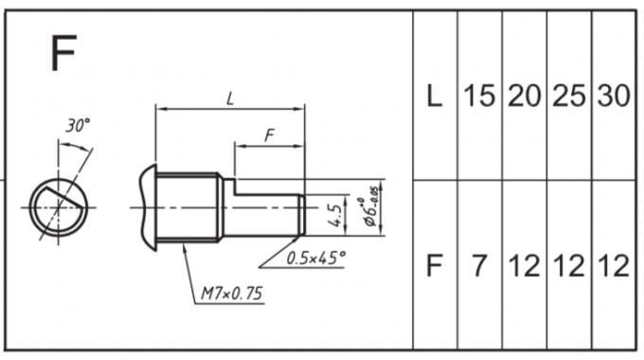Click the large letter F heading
pyautogui.click(x=63, y=53)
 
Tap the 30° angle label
pyautogui.click(x=78, y=125)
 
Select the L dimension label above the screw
pyautogui.click(x=230, y=99)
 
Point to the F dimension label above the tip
pyautogui.click(x=269, y=135)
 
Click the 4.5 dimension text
pyautogui.click(x=334, y=216)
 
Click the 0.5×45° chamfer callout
pyautogui.click(x=315, y=258)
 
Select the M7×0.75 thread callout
pyautogui.click(x=231, y=294)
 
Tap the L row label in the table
pyautogui.click(x=435, y=96)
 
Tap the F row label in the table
pyautogui.click(x=435, y=265)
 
